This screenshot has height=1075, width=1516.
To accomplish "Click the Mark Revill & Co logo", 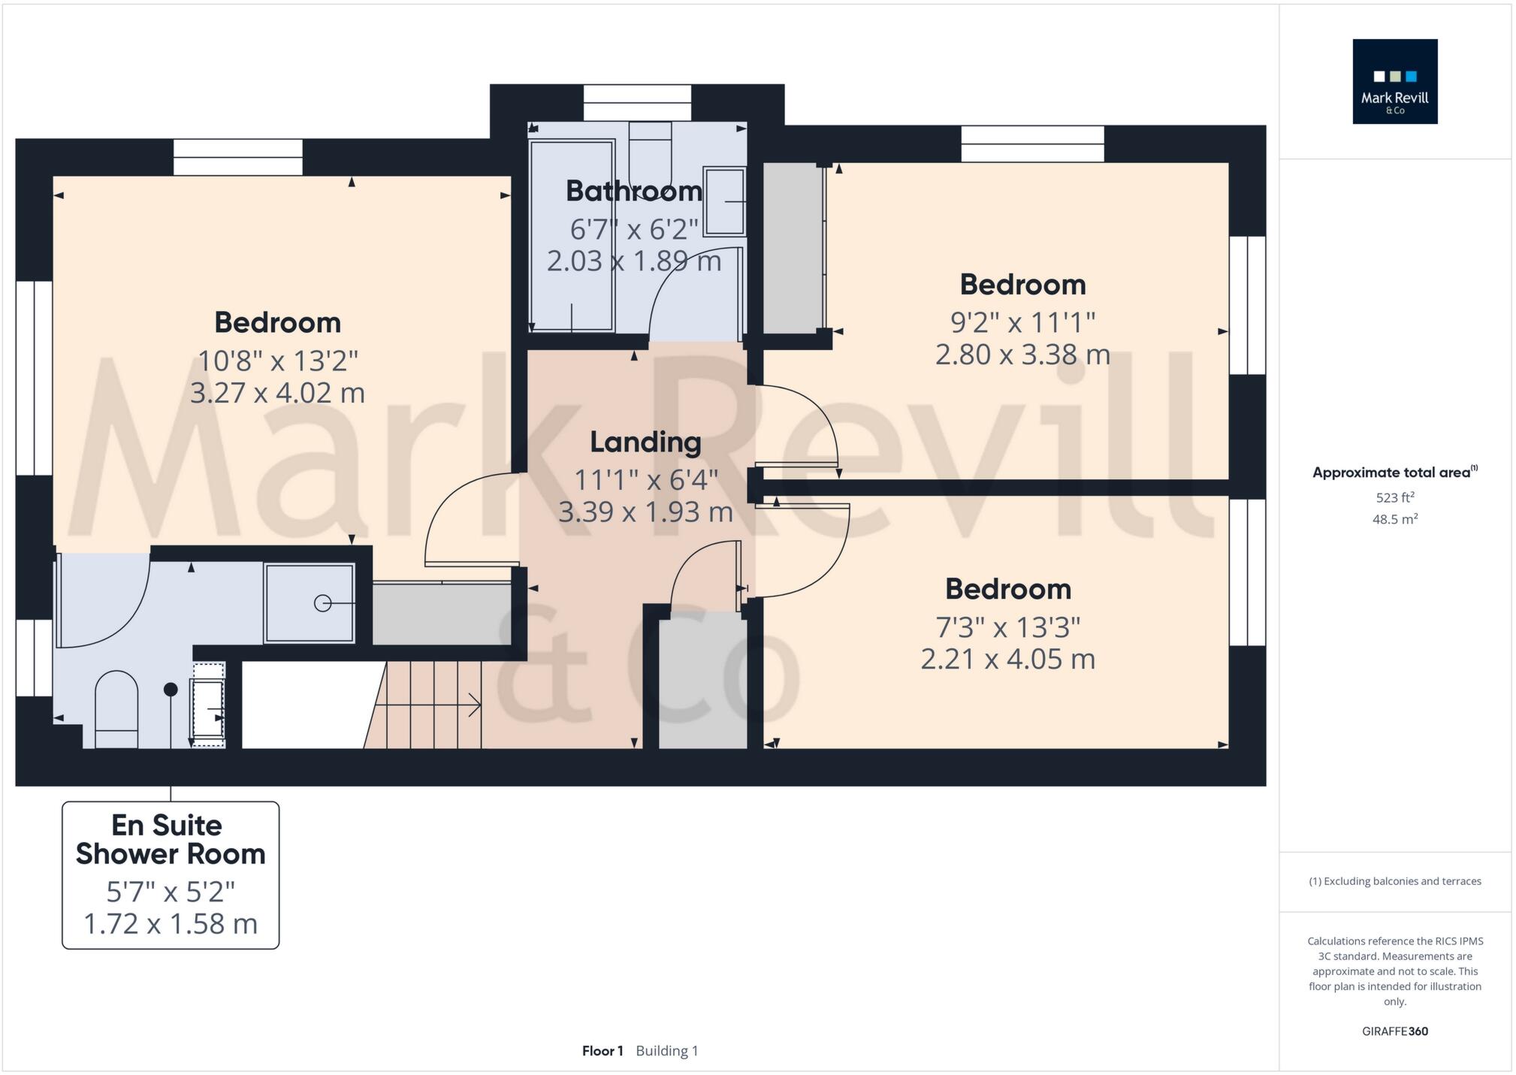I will [1394, 81].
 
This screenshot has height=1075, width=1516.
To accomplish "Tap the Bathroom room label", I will [633, 191].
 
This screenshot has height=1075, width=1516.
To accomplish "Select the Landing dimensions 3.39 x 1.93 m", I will [645, 512].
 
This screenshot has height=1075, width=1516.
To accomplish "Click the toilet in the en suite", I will [116, 708].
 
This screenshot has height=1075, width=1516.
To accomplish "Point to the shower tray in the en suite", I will [309, 602].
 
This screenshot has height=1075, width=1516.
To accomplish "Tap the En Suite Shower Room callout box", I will [171, 874].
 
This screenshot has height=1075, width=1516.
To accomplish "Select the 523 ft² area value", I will [1395, 497].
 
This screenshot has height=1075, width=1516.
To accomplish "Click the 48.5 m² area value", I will [1395, 519].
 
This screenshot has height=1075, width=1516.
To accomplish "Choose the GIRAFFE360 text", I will [1395, 1031].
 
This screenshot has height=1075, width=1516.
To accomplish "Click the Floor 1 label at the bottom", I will [602, 1051].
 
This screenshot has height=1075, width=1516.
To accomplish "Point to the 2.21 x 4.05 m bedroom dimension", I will [1007, 659].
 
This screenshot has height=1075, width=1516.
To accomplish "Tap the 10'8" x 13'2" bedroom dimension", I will [277, 361].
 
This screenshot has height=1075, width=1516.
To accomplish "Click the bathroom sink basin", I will [724, 201].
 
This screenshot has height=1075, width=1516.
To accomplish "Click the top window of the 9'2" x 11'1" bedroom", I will [1032, 143].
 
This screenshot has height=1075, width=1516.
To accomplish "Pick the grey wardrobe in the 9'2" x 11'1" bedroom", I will [793, 248].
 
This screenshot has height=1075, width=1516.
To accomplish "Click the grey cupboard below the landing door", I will [703, 680].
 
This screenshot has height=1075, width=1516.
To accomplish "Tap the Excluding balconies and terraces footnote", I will [1395, 881].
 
